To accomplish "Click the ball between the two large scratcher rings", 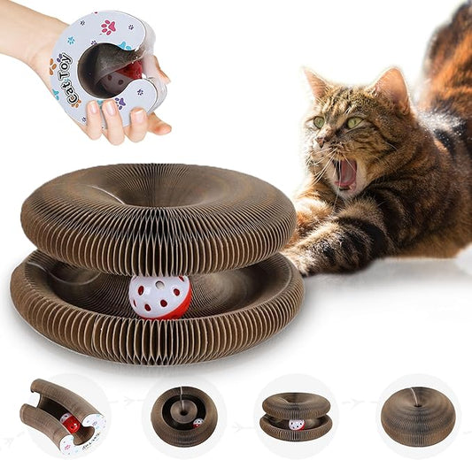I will (159, 296).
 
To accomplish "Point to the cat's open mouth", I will (345, 173).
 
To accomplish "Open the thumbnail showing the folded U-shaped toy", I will (63, 417).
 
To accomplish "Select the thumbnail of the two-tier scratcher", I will (297, 416).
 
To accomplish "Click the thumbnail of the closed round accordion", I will (417, 415).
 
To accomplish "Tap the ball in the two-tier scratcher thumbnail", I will (297, 425).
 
